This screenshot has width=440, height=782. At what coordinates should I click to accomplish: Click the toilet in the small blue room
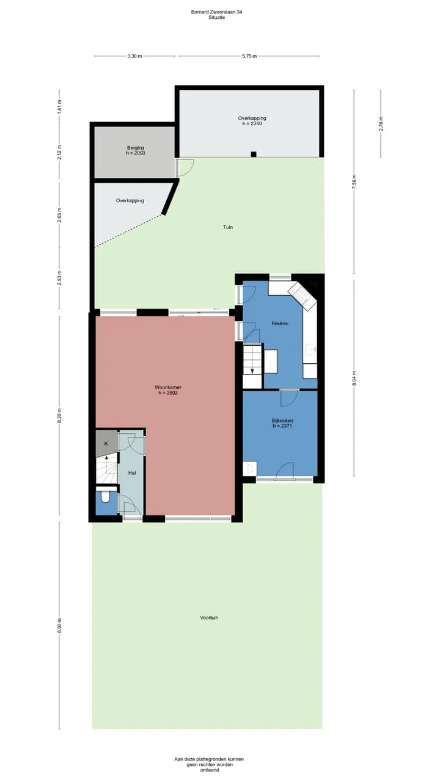[x=105, y=497]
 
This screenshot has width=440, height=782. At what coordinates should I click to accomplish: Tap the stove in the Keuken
[x=302, y=296]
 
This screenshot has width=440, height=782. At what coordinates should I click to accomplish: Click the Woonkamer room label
[x=168, y=387]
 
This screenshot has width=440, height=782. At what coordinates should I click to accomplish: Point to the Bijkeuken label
[x=282, y=421]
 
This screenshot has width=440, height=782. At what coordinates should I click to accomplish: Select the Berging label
[x=136, y=148]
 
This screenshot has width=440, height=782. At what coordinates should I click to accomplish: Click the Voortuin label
[x=209, y=618]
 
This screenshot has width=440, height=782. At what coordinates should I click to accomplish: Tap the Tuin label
[x=228, y=227]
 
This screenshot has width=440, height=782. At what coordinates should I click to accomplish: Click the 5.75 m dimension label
[x=249, y=56]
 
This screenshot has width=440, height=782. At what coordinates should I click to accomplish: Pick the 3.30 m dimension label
[x=135, y=56]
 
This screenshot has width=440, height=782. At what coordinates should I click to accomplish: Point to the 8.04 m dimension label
[x=354, y=378]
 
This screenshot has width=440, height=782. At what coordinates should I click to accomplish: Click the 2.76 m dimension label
[x=381, y=123]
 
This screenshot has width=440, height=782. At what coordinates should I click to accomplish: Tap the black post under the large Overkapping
[x=254, y=155]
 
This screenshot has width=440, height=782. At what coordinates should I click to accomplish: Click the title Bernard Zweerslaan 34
[x=216, y=12]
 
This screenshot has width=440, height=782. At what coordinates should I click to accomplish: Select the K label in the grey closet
[x=106, y=444]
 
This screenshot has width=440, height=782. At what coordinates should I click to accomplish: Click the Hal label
[x=132, y=473]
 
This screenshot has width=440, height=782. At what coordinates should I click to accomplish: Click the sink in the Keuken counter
[x=310, y=349]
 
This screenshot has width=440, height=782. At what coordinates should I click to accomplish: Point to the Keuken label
[x=280, y=324]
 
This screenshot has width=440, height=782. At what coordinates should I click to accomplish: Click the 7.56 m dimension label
[x=354, y=181]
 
